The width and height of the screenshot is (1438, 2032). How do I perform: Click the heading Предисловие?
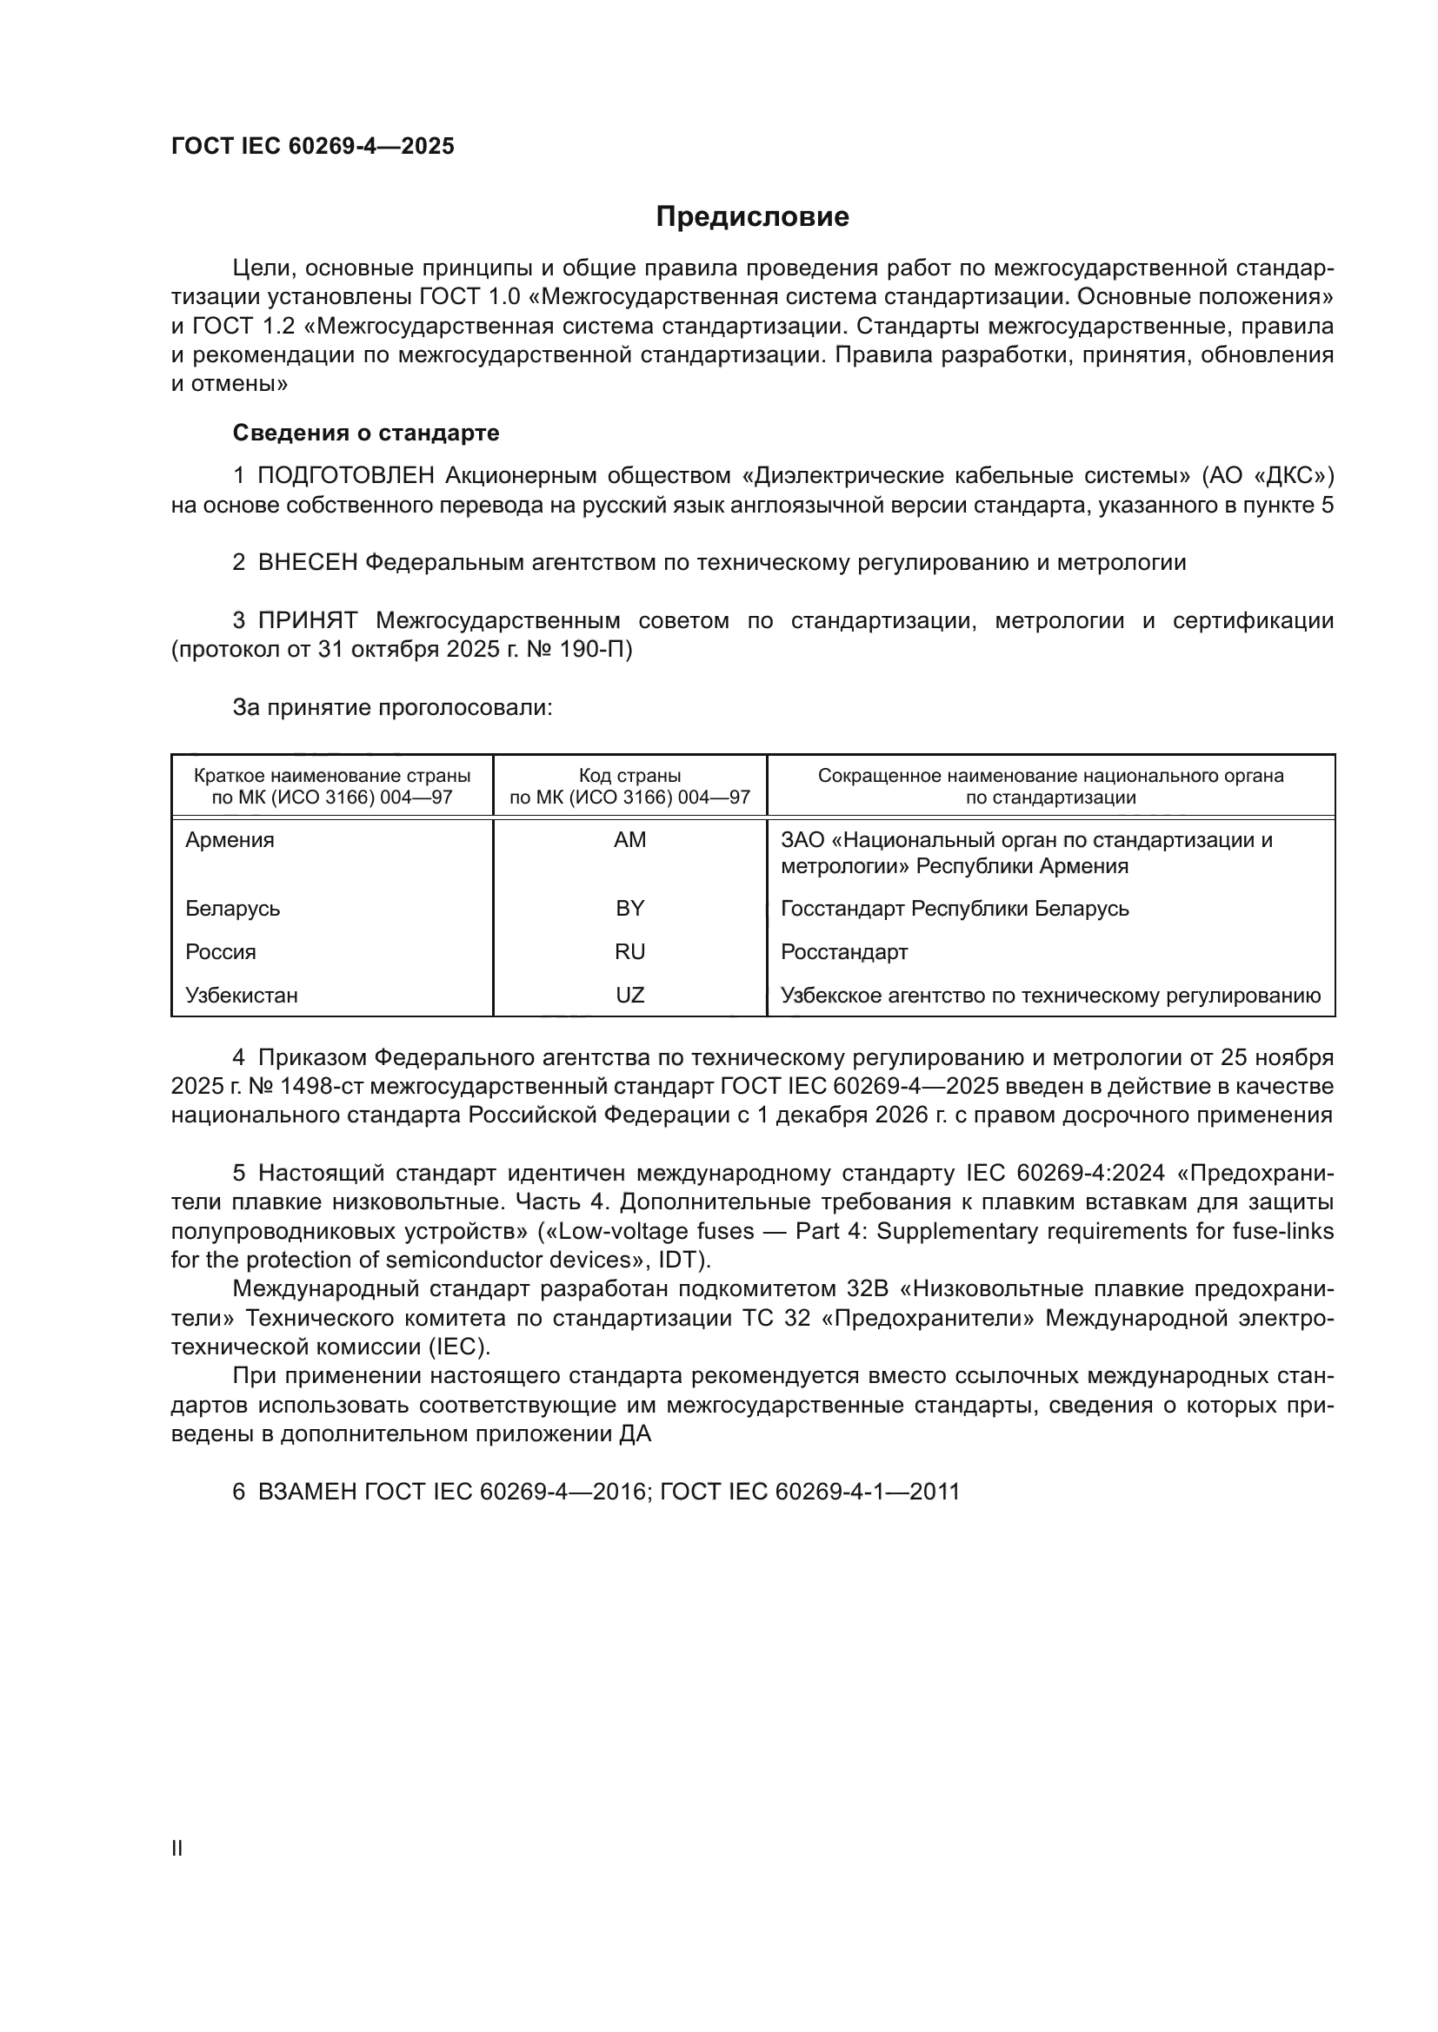pos(752,217)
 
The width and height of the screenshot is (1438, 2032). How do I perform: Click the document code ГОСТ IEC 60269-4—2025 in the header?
pos(313,146)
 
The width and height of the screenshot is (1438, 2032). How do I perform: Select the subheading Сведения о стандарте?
pos(366,433)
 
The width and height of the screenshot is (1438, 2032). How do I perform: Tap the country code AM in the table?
pos(629,840)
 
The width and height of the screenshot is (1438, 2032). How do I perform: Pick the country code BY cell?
pos(629,908)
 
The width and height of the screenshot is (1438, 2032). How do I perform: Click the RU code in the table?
pos(629,951)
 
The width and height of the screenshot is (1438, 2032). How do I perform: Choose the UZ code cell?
pos(629,995)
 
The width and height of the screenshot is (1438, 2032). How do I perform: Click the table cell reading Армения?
pos(230,840)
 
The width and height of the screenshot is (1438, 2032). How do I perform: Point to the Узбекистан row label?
pos(242,995)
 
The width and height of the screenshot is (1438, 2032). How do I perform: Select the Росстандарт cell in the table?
pos(844,951)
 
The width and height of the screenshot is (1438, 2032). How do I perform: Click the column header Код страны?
pos(629,776)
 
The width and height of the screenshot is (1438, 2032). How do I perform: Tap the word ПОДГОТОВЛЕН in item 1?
pos(345,476)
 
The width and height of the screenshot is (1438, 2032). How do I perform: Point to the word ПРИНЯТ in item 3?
pos(307,620)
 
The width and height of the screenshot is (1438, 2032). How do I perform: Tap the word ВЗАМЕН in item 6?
pos(306,1492)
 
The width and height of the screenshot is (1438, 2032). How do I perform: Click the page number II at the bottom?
pos(177,1848)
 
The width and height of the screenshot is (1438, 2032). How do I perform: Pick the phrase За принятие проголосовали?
pos(392,707)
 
